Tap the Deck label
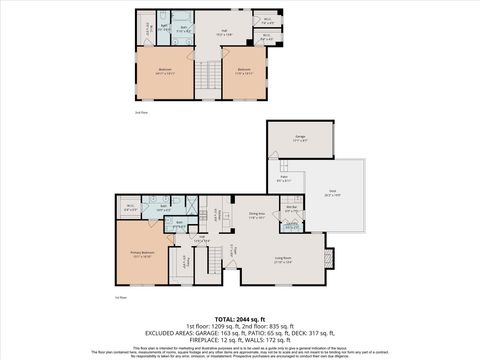[x=331, y=195]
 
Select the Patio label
[x=284, y=178]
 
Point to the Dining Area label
[x=256, y=214]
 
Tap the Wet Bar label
[x=291, y=209]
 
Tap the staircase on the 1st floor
[x=211, y=262]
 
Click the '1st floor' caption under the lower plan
[x=120, y=297]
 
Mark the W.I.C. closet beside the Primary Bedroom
[x=130, y=208]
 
